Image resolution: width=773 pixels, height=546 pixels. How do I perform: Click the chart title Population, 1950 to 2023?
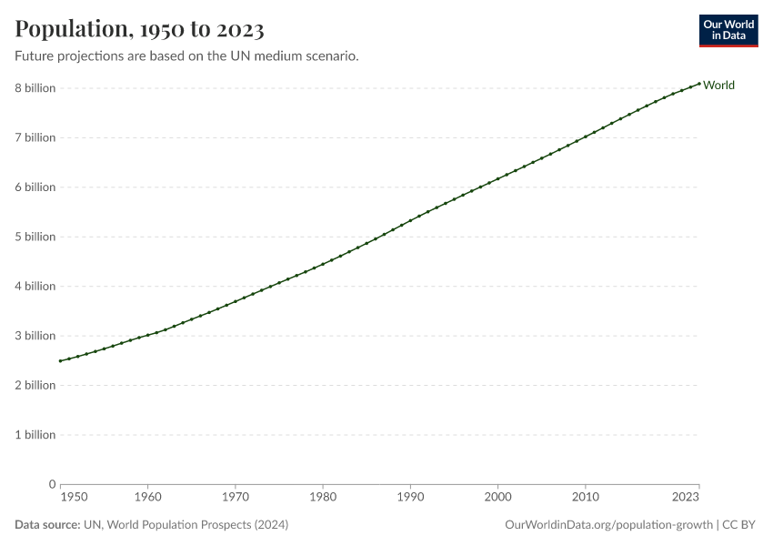click(x=139, y=30)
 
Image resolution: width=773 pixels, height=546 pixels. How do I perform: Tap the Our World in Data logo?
click(x=728, y=30)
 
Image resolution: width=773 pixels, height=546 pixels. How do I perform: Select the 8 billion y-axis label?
click(x=35, y=88)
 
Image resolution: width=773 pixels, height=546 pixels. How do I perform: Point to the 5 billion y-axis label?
click(x=35, y=237)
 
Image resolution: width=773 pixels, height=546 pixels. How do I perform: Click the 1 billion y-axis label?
click(x=35, y=434)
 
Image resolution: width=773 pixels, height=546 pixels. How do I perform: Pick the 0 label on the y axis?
click(x=52, y=484)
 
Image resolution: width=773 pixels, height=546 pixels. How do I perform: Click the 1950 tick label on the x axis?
click(x=74, y=498)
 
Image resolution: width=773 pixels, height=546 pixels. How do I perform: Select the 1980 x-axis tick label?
click(x=323, y=498)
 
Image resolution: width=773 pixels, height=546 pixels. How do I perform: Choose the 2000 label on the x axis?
click(x=497, y=498)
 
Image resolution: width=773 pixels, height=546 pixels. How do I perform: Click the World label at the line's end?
click(x=718, y=86)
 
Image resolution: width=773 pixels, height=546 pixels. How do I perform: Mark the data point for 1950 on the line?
click(x=60, y=361)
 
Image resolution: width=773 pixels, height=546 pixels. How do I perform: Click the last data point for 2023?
click(x=698, y=84)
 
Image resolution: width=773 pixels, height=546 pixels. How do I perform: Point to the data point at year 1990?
click(x=410, y=220)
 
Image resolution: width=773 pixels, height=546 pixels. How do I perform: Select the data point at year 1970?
click(x=236, y=301)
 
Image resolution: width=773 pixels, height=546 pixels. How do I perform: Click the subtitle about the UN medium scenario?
click(x=186, y=56)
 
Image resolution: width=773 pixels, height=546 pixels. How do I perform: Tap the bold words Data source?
click(x=46, y=525)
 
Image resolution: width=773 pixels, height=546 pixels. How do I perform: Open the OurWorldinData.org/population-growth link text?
click(x=607, y=525)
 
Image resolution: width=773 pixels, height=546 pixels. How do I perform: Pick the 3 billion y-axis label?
click(x=35, y=336)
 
